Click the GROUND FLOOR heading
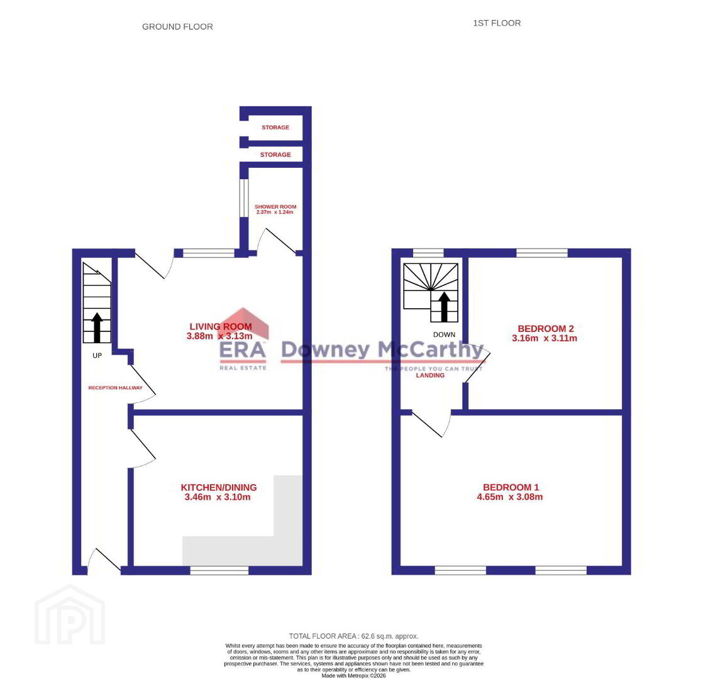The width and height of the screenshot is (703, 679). pyautogui.click(x=177, y=27)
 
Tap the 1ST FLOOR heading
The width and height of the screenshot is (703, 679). pyautogui.click(x=497, y=23)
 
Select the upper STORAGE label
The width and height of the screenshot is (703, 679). pyautogui.click(x=275, y=127)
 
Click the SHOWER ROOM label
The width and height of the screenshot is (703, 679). pyautogui.click(x=275, y=207)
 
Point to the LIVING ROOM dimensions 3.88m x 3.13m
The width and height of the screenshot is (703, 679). pyautogui.click(x=219, y=336)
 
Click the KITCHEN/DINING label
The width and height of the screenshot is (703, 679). pyautogui.click(x=219, y=487)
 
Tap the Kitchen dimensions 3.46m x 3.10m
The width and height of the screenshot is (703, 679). pyautogui.click(x=218, y=497)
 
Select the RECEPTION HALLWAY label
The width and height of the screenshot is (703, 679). pyautogui.click(x=115, y=388)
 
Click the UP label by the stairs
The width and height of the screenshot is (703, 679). pyautogui.click(x=97, y=355)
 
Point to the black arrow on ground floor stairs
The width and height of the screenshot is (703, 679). pyautogui.click(x=97, y=328)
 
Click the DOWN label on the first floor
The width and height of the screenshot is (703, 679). pyautogui.click(x=444, y=335)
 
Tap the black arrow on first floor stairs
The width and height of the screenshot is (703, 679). pyautogui.click(x=444, y=307)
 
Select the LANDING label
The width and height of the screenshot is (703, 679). pyautogui.click(x=430, y=375)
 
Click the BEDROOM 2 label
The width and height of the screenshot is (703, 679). pyautogui.click(x=546, y=329)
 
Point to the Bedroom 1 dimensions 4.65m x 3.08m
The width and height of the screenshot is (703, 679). pyautogui.click(x=510, y=497)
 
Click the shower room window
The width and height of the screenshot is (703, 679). pyautogui.click(x=244, y=198)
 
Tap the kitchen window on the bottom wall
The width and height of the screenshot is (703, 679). pyautogui.click(x=219, y=570)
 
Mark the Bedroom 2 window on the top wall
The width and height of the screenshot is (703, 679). pyautogui.click(x=542, y=253)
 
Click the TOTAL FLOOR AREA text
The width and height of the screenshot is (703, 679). pyautogui.click(x=354, y=636)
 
